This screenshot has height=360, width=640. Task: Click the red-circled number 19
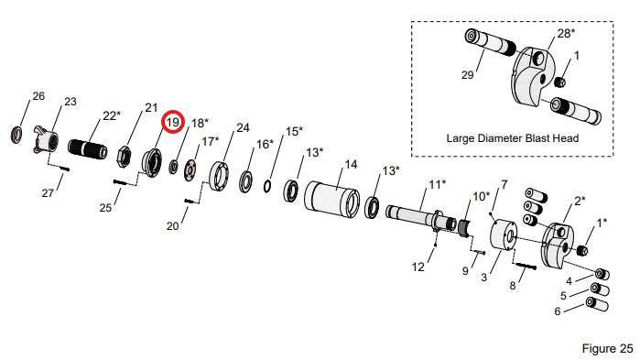pyautogui.click(x=173, y=122)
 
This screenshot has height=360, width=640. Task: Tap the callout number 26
pyautogui.click(x=38, y=96)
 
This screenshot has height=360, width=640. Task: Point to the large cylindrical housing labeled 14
pyautogui.click(x=331, y=199)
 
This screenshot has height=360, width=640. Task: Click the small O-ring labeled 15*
pyautogui.click(x=267, y=186)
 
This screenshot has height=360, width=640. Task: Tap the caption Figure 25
pyautogui.click(x=607, y=349)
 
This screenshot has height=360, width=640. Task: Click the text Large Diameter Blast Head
pyautogui.click(x=512, y=138)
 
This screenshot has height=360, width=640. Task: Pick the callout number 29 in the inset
pyautogui.click(x=467, y=75)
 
